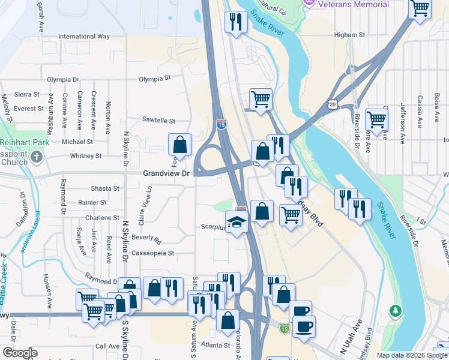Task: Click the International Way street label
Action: pos(84,37)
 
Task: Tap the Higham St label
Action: pos(349,35)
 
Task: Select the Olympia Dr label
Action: pos(63,80)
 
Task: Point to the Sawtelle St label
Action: pos(158,121)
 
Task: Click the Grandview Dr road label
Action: pos(166,173)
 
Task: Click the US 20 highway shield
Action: pos(333,104)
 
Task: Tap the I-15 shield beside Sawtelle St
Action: pos(221,124)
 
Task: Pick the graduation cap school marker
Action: pos(237,222)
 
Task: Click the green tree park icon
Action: pos(395,310)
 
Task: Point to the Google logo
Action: pos(19,353)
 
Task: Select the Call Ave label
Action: pos(108,346)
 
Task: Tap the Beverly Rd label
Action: pos(146,238)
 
